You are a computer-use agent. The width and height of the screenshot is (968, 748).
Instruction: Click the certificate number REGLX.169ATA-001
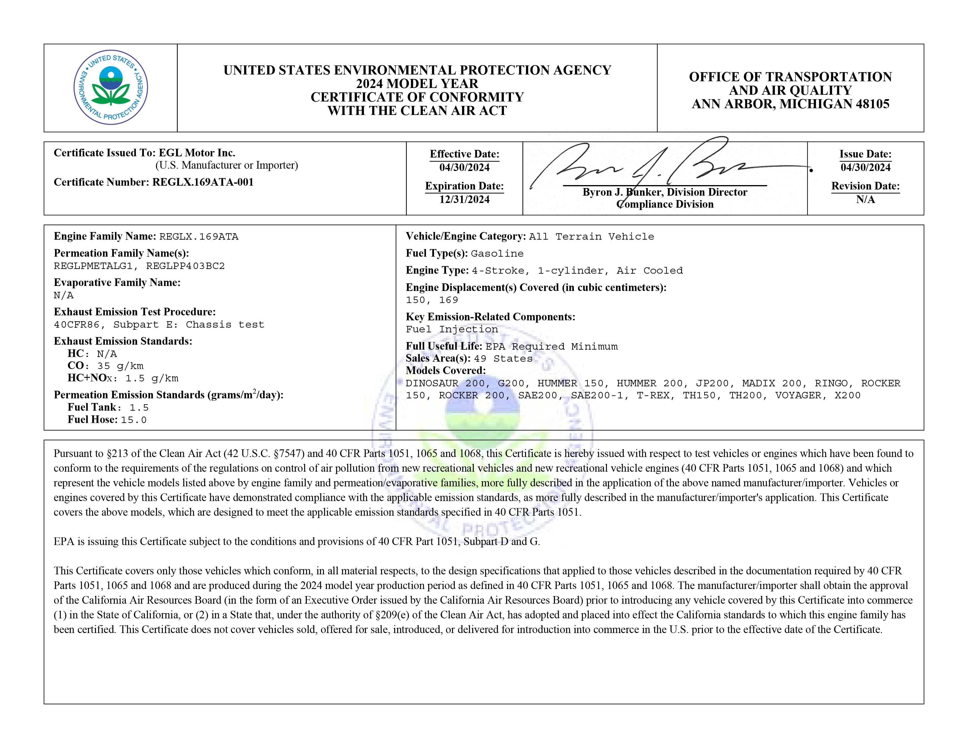coord(203,182)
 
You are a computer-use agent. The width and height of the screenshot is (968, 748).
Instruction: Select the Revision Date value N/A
coord(865,199)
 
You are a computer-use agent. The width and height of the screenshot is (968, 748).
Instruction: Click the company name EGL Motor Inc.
coord(197,153)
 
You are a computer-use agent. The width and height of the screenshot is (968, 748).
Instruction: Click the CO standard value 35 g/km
coord(120,366)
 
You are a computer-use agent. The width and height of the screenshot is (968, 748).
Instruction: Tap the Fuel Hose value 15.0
coord(133,420)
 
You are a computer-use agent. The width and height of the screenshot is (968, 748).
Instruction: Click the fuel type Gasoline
coord(497,253)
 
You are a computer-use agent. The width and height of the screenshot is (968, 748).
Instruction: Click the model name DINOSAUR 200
coord(445,383)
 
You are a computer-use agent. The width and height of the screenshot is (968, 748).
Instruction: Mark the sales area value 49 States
coord(503,358)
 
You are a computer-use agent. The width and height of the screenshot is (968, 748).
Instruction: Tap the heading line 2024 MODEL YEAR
coord(417,84)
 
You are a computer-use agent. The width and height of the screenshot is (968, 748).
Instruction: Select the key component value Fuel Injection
coord(452,329)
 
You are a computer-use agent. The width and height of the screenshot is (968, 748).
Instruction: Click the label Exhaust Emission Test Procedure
coord(135,312)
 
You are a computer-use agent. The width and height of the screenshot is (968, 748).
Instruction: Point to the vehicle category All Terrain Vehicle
coord(591,237)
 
